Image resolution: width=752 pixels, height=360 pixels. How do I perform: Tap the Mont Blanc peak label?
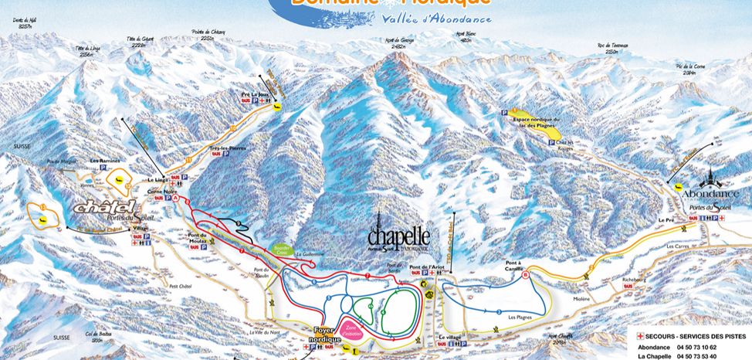coord(464,36)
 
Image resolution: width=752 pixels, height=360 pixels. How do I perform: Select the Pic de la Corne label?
coord(689,67)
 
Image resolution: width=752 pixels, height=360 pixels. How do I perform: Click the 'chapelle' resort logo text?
coord(398,234)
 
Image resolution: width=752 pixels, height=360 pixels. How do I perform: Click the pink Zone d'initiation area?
coord(355,331)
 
